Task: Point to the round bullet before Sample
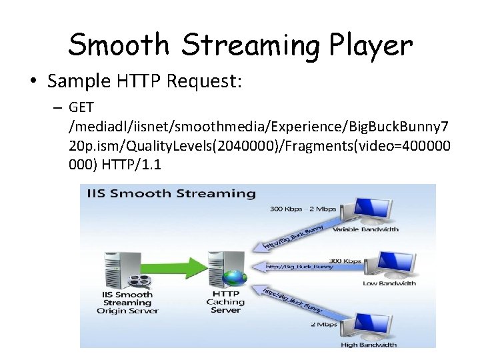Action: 33,82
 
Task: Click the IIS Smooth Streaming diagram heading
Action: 171,194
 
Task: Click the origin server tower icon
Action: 115,269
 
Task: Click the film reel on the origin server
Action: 131,279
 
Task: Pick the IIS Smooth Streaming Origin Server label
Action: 127,302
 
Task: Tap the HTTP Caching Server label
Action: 225,302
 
